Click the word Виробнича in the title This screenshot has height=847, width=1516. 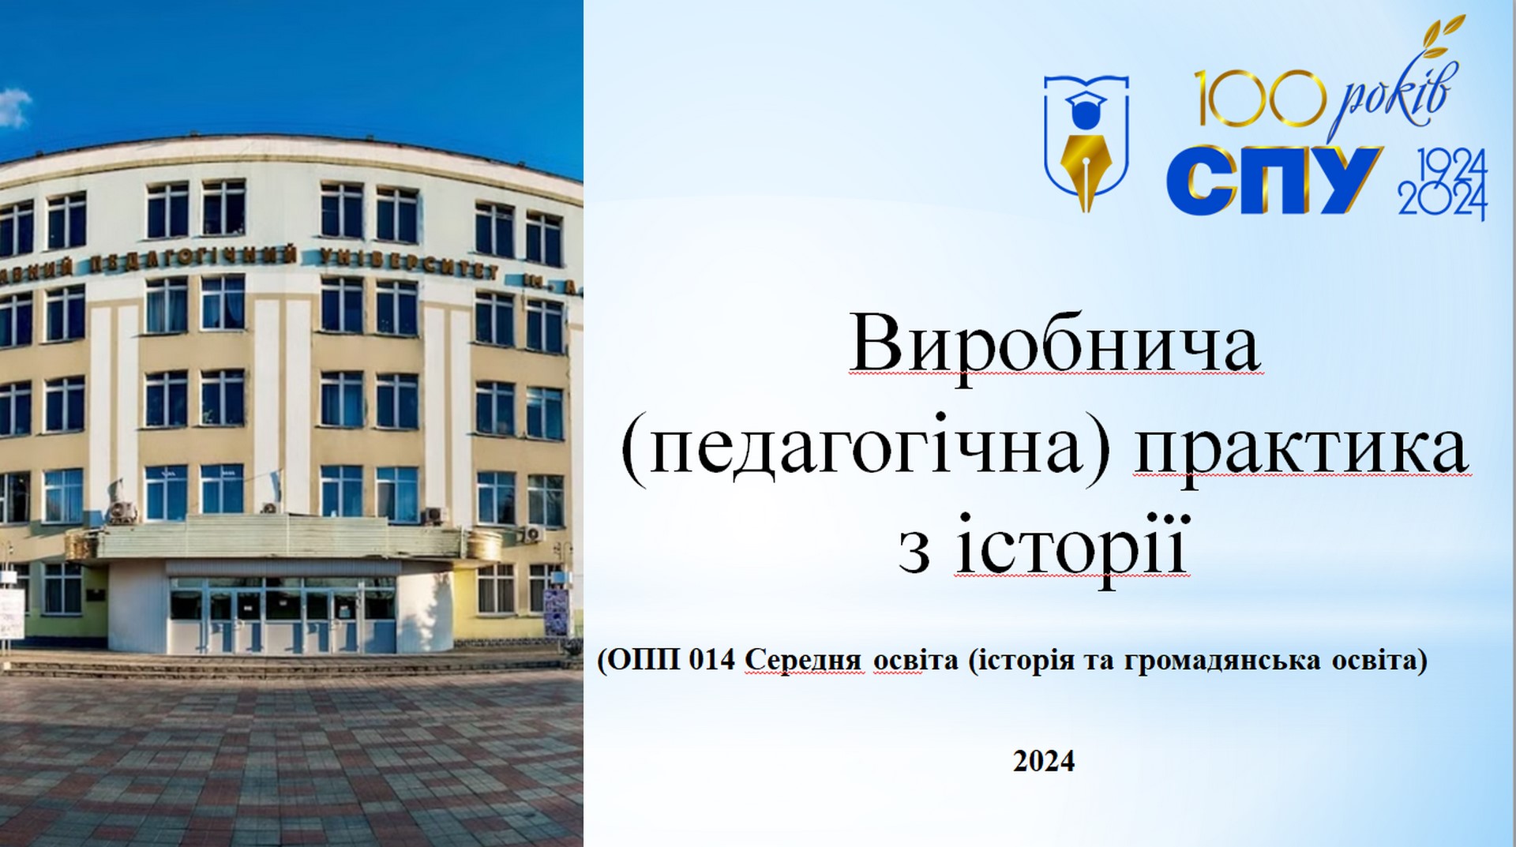pyautogui.click(x=1056, y=347)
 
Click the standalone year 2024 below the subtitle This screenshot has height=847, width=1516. pyautogui.click(x=1044, y=761)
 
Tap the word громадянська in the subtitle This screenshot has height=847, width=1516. pyautogui.click(x=1218, y=661)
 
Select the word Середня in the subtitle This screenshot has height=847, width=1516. pyautogui.click(x=805, y=661)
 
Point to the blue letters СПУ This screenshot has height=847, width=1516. pyautogui.click(x=1274, y=181)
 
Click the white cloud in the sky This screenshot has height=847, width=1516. pyautogui.click(x=14, y=108)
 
